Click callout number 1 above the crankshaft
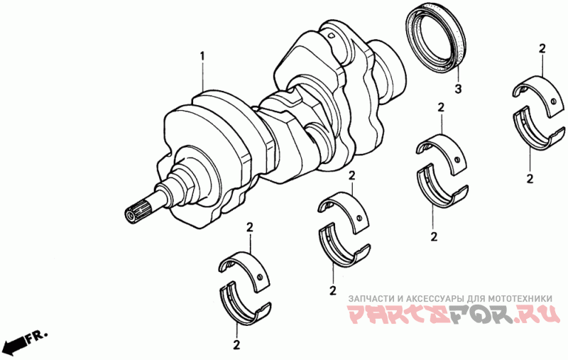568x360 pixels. tap(202, 57)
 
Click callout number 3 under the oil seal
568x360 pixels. tap(458, 89)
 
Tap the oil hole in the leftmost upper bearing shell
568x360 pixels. tap(260, 278)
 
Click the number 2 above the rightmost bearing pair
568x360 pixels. tap(542, 49)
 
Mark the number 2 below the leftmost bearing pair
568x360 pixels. tap(236, 345)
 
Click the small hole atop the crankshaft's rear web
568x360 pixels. tap(331, 36)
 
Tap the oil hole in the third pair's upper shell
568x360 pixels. tap(457, 160)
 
